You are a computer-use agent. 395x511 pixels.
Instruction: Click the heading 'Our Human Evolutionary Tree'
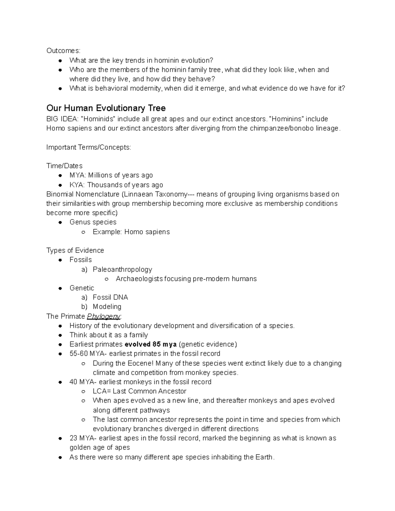click(x=106, y=108)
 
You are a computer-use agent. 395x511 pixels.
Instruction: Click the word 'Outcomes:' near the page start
click(x=63, y=51)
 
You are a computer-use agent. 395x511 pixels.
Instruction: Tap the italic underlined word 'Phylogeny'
click(x=103, y=317)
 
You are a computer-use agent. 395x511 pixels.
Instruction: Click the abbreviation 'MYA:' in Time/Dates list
click(x=78, y=175)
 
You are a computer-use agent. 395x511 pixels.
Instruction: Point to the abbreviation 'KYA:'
click(x=77, y=185)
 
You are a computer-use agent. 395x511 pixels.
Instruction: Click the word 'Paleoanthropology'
click(x=122, y=269)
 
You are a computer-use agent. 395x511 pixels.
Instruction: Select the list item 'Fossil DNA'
click(x=110, y=297)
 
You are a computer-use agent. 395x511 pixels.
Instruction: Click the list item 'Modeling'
click(x=107, y=307)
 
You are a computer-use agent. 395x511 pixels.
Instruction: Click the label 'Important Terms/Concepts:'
click(x=89, y=147)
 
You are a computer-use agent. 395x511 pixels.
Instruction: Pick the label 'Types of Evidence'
click(x=75, y=250)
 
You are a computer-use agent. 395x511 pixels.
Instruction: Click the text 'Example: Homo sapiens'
click(x=131, y=232)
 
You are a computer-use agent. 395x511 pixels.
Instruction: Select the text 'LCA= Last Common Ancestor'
click(x=139, y=391)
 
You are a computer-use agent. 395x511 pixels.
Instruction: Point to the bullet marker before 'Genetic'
click(x=60, y=288)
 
